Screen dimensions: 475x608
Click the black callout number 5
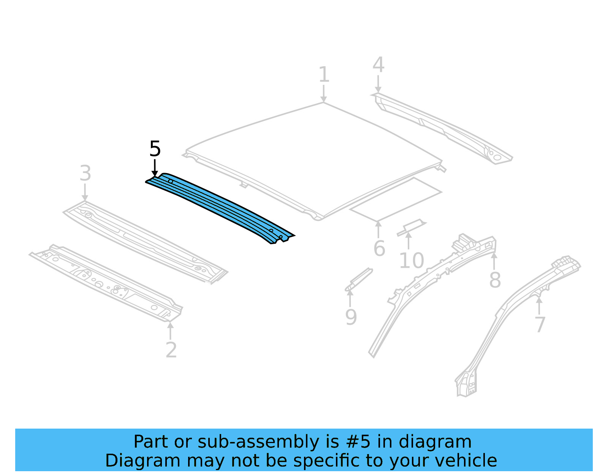(155, 149)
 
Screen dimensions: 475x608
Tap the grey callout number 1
(323, 75)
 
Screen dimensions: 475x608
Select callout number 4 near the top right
(378, 65)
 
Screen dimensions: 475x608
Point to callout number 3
(85, 173)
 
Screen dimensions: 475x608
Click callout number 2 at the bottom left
(171, 350)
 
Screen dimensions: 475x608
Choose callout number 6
(379, 249)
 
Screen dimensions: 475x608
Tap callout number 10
(411, 261)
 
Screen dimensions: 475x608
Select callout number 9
(351, 317)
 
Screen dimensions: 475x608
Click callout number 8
(495, 280)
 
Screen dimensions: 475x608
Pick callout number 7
(540, 325)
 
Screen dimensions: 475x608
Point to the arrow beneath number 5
(155, 168)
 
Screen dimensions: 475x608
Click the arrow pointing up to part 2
(171, 330)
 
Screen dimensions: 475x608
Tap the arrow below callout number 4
(378, 84)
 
